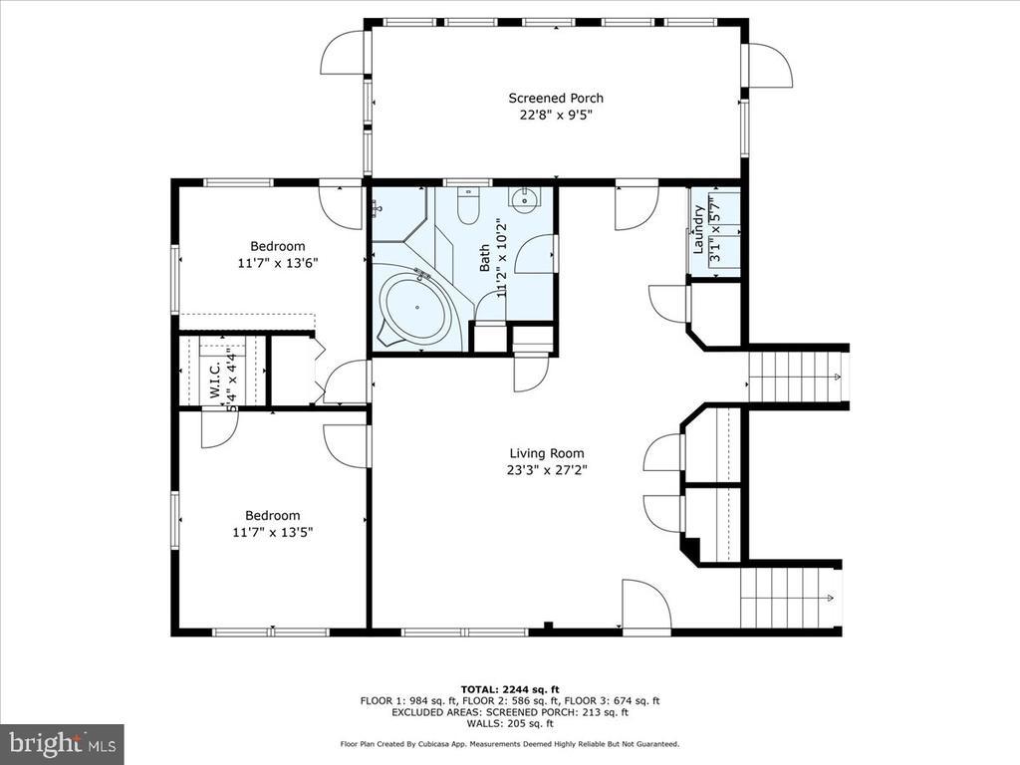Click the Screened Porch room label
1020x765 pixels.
[556, 99]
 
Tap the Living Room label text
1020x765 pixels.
[547, 453]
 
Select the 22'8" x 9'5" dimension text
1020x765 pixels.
[556, 116]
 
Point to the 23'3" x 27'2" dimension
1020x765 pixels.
[547, 470]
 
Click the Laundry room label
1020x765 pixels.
[698, 229]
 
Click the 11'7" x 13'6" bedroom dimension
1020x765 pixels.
[278, 263]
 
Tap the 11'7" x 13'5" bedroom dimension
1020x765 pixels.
[273, 532]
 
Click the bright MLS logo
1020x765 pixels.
[62, 743]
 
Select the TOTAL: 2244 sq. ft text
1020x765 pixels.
[510, 689]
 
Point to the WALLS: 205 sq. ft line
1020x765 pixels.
[510, 723]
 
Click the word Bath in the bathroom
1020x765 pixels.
[485, 258]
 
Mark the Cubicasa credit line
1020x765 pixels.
[510, 743]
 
